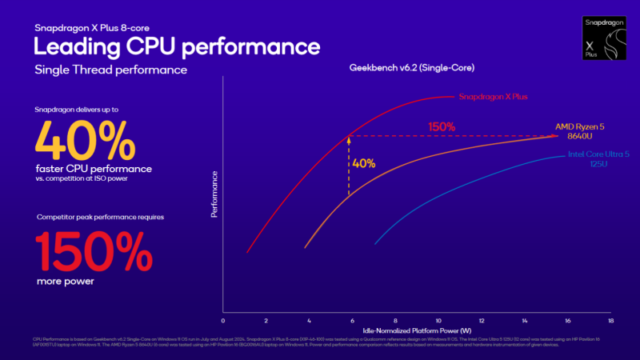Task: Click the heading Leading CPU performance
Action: pyautogui.click(x=178, y=46)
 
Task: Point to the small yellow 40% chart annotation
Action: pyautogui.click(x=363, y=162)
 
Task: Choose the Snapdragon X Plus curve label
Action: pyautogui.click(x=494, y=97)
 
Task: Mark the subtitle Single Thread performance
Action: pyautogui.click(x=111, y=70)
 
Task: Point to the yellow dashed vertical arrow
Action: pyautogui.click(x=348, y=166)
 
